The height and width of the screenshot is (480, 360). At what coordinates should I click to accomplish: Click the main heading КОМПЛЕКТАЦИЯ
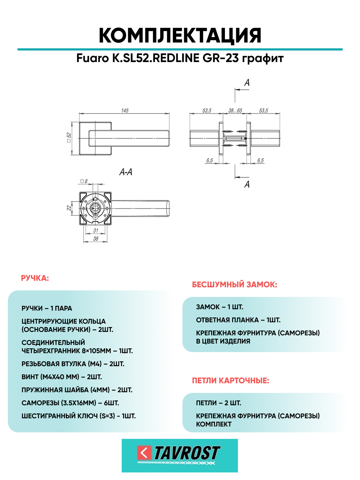(x=180, y=36)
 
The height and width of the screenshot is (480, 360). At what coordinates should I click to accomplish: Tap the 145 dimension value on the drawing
(x=124, y=110)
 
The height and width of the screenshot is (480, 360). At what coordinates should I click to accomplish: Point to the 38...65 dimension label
(x=235, y=110)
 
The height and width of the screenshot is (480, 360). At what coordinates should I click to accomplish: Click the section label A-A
(x=126, y=172)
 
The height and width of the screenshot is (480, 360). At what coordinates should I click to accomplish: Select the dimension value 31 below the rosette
(x=96, y=230)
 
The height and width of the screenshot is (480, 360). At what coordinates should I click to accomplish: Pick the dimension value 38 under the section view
(x=96, y=239)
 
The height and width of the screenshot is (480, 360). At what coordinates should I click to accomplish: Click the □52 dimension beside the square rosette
(x=69, y=137)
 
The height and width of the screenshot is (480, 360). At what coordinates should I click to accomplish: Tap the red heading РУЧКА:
(x=35, y=278)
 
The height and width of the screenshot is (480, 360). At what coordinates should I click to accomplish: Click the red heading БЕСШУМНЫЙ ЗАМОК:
(x=235, y=285)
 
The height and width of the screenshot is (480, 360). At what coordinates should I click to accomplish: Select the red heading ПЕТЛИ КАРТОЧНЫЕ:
(x=230, y=381)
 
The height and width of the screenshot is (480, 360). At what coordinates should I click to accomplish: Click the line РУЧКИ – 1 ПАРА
(x=47, y=308)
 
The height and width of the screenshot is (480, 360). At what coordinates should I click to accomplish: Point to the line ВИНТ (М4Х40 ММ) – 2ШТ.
(x=62, y=377)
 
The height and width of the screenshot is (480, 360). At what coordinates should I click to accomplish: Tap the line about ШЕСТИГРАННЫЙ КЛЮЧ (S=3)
(x=79, y=416)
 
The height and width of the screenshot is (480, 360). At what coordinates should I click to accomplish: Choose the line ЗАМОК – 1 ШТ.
(x=219, y=307)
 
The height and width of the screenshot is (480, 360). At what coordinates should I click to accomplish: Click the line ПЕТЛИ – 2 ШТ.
(x=218, y=403)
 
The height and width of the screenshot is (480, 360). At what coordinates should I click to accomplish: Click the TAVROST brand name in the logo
(x=187, y=453)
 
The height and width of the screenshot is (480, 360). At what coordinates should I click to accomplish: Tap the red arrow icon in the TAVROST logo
(x=144, y=453)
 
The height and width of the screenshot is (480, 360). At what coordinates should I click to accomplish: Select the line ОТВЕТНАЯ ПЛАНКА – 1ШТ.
(x=238, y=320)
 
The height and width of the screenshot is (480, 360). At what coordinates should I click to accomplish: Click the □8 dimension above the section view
(x=84, y=181)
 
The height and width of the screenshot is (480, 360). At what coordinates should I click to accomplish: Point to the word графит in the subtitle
(x=263, y=58)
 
